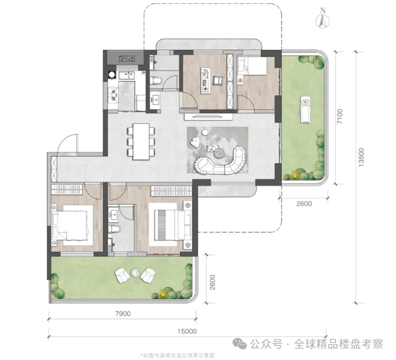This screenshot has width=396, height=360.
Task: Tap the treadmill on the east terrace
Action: point(305,108)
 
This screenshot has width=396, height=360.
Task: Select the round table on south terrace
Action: point(135,271)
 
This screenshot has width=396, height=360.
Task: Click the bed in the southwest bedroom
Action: point(72,224)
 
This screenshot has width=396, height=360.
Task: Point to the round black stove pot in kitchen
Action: point(112,74)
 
